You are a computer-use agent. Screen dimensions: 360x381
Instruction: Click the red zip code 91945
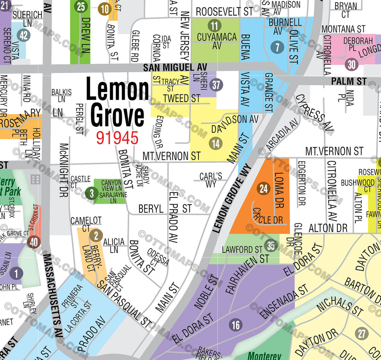click(x=117, y=138)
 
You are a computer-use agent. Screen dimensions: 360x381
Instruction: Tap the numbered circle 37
click(x=217, y=85)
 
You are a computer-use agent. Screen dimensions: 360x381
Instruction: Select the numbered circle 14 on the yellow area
click(x=216, y=143)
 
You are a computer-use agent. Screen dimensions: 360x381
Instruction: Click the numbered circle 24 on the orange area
click(x=263, y=189)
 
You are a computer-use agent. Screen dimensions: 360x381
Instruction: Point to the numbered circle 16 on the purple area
click(x=236, y=325)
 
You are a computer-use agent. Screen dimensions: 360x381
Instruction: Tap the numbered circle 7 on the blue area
click(x=276, y=48)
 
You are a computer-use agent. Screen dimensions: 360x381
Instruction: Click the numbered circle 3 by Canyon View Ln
click(x=91, y=194)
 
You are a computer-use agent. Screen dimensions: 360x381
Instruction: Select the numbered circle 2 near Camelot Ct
click(x=95, y=236)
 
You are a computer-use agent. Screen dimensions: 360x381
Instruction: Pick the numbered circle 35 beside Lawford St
click(x=272, y=245)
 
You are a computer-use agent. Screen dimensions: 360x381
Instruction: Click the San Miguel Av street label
click(x=175, y=68)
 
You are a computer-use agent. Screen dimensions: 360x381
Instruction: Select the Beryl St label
click(x=164, y=209)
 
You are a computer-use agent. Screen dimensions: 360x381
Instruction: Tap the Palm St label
click(x=348, y=81)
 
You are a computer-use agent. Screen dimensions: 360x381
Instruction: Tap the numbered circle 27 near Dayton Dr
click(x=362, y=333)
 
